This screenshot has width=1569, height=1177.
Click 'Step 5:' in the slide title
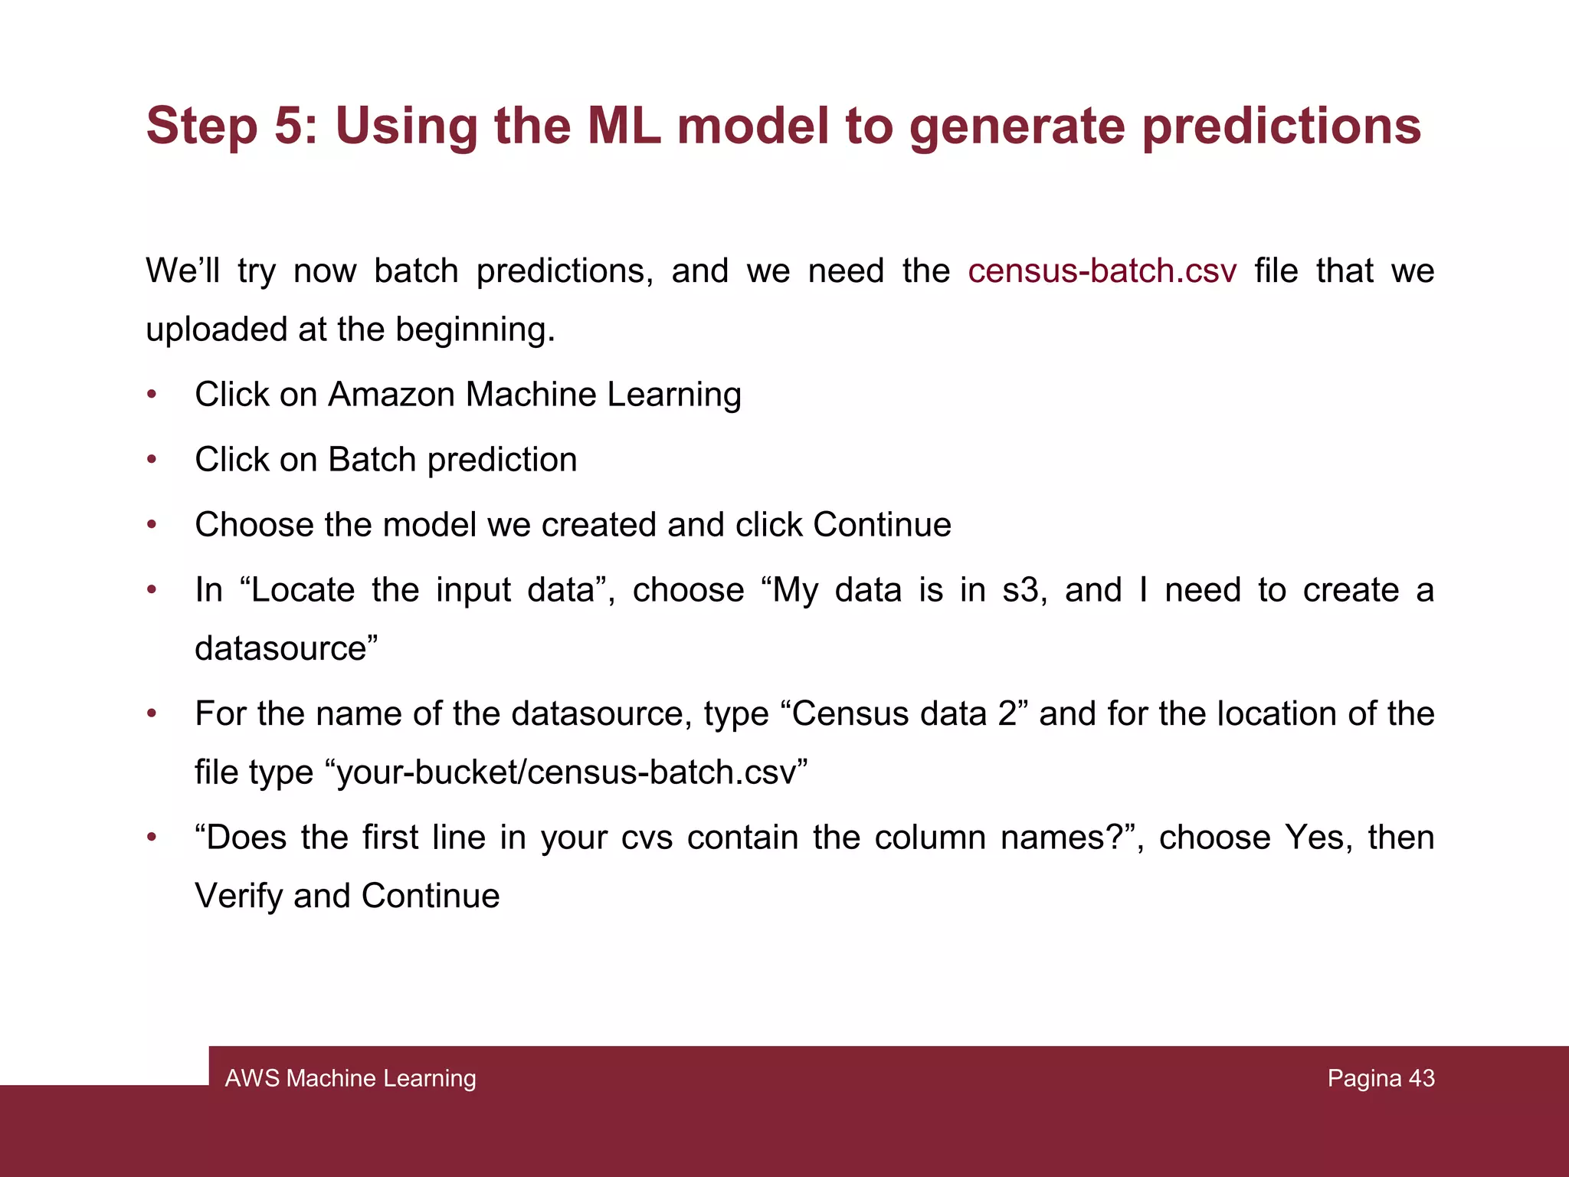click(x=231, y=125)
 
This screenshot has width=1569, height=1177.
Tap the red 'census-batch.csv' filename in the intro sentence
click(x=1102, y=271)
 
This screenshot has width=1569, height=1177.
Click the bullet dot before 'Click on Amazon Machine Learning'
click(x=152, y=395)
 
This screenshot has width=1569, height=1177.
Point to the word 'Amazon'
click(x=391, y=395)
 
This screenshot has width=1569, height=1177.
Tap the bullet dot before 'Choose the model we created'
click(x=152, y=525)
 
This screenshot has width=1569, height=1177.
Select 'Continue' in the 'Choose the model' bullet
click(x=882, y=525)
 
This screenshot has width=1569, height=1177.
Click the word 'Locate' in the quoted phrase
click(x=303, y=590)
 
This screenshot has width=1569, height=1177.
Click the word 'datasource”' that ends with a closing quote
click(x=287, y=648)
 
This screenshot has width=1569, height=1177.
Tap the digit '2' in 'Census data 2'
click(x=1007, y=714)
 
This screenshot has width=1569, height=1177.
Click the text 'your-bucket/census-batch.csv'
click(x=572, y=772)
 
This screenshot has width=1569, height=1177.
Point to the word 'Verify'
click(x=238, y=896)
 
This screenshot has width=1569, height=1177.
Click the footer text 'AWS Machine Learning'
click(x=350, y=1078)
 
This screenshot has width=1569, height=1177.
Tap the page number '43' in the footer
click(x=1421, y=1078)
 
